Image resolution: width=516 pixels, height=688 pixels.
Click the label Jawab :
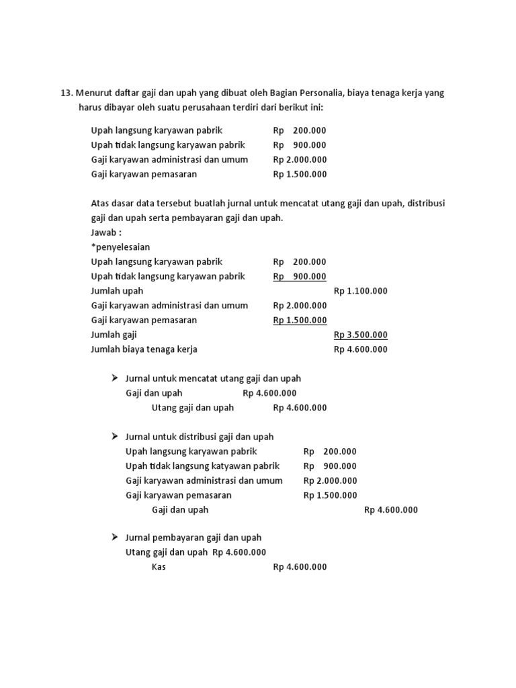[x=105, y=231]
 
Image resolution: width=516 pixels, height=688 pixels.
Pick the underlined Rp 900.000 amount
[x=300, y=276]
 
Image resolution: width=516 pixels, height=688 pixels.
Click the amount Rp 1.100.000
[x=360, y=291]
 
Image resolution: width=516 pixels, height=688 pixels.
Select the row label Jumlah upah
[x=117, y=291]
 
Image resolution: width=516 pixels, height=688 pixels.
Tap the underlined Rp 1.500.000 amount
[x=300, y=320]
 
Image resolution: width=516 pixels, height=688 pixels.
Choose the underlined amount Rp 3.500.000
[x=360, y=335]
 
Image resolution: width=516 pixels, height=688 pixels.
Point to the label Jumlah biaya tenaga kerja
[x=144, y=349]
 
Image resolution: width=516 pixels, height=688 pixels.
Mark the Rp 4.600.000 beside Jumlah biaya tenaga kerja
[x=360, y=349]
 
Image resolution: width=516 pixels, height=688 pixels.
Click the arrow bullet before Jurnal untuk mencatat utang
[x=114, y=379]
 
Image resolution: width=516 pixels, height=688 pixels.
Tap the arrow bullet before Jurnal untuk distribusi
[x=114, y=437]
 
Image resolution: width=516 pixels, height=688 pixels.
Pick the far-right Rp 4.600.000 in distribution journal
[x=390, y=510]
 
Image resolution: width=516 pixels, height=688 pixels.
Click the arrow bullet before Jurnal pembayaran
[x=114, y=537]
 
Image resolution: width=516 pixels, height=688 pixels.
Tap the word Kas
[x=159, y=567]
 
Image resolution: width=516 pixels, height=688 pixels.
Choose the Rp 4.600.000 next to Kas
[x=300, y=567]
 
